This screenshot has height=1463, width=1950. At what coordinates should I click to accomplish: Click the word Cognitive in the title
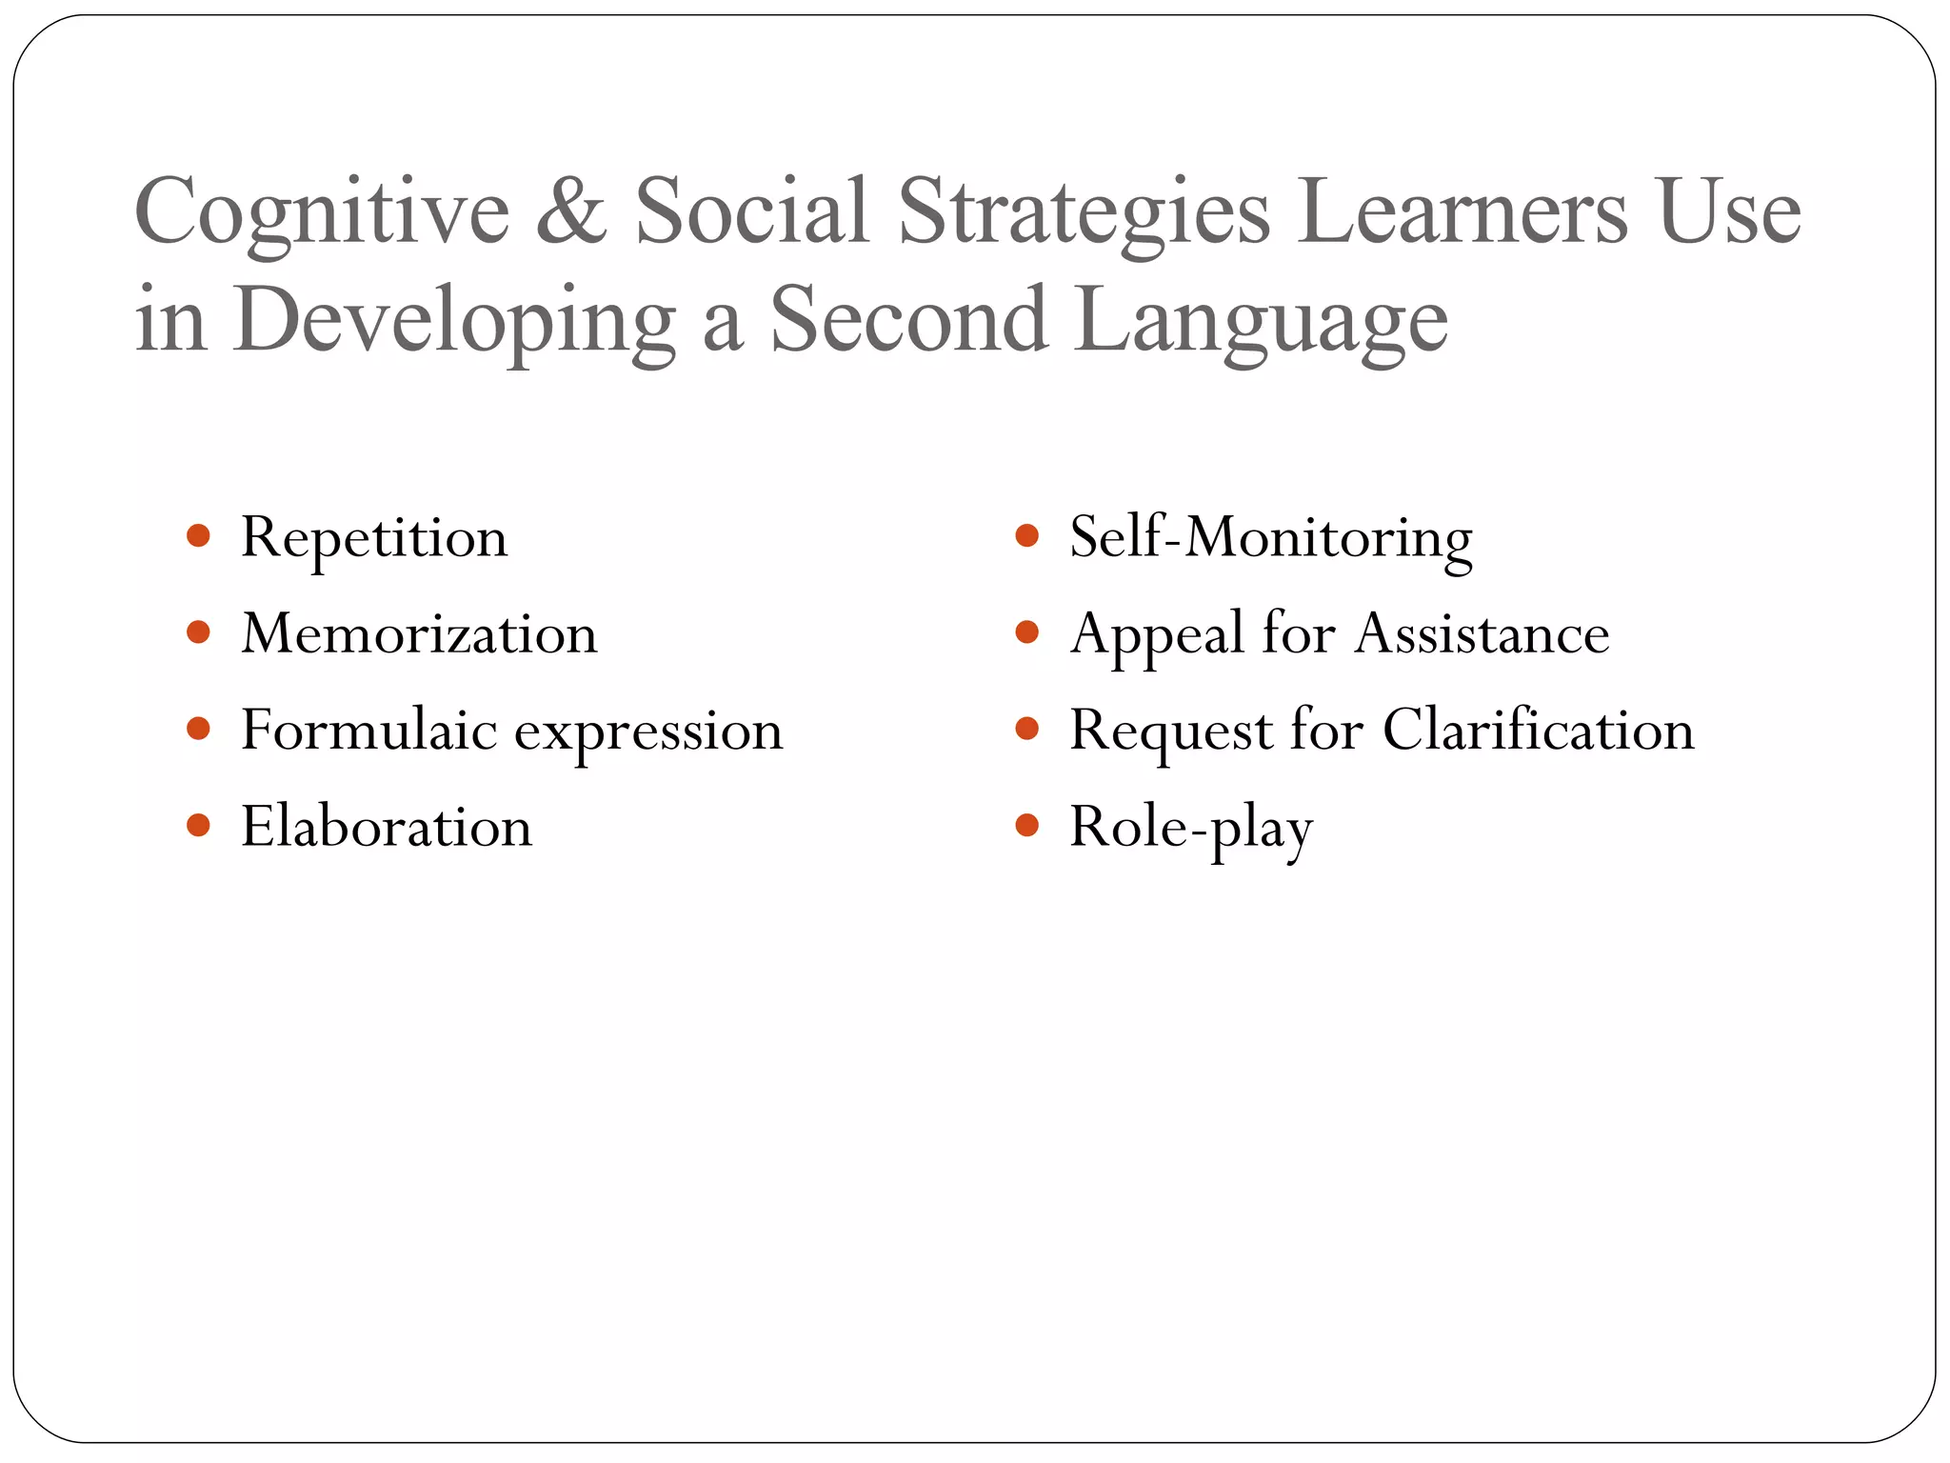pos(322,213)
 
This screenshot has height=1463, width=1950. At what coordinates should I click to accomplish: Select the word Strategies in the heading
pos(1084,213)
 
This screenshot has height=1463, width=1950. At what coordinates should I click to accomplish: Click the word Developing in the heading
pos(454,321)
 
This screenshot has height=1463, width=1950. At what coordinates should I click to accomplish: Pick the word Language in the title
pos(1261,321)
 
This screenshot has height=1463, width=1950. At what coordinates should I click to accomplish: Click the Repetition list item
pos(374,538)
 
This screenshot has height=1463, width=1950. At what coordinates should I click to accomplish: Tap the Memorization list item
pos(419,634)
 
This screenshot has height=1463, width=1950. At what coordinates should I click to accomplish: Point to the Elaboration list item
pos(386,827)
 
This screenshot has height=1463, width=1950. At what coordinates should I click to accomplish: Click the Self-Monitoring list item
pos(1270,538)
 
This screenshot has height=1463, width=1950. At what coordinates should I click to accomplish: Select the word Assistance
pos(1482,634)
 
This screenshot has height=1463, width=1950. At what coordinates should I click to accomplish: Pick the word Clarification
pos(1538,731)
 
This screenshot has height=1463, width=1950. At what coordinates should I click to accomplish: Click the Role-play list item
pos(1190,828)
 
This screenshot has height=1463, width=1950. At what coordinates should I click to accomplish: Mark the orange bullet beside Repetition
pos(198,536)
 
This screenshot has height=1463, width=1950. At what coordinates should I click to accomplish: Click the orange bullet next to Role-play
pos(1026,825)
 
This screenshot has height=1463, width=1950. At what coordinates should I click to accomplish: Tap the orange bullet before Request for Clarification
pos(1026,729)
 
